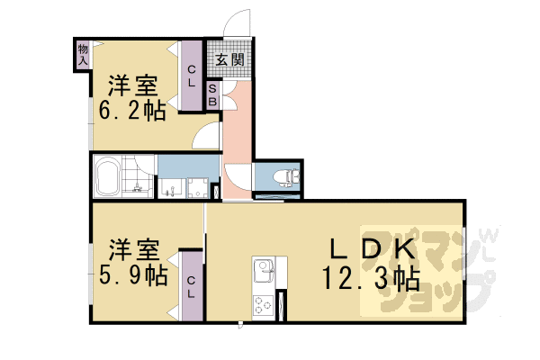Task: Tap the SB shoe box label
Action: coord(213,95)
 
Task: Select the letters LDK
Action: coord(369,248)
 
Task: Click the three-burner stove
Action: coord(264,305)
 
